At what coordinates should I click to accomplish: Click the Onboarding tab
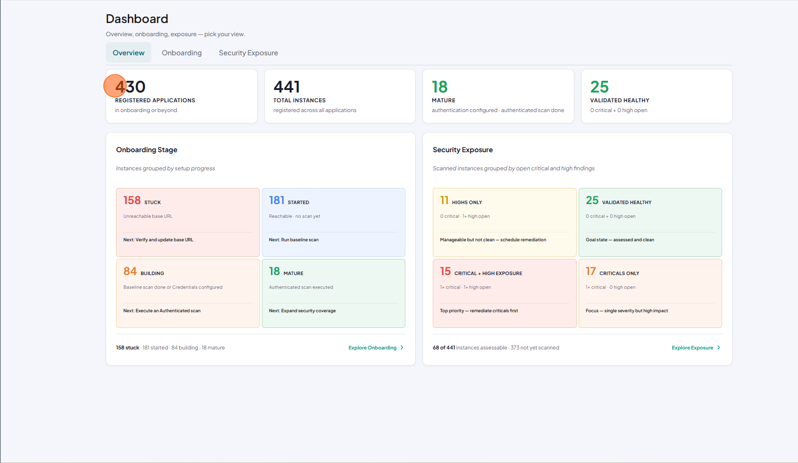(181, 53)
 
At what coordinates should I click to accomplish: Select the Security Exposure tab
(248, 53)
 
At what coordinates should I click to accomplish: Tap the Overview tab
(128, 53)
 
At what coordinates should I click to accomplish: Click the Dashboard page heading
(137, 19)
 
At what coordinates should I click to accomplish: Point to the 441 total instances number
(286, 87)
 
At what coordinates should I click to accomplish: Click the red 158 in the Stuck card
(132, 200)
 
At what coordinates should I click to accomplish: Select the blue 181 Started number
(277, 200)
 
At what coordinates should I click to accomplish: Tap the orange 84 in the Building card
(130, 272)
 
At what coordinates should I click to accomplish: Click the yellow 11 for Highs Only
(444, 200)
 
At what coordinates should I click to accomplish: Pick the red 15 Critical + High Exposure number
(446, 272)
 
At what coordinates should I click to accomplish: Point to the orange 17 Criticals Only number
(590, 272)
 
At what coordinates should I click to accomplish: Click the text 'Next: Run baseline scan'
(294, 240)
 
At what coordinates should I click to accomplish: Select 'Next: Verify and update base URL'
(158, 240)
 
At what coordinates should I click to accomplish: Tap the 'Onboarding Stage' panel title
(146, 150)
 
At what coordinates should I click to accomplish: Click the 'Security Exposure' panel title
(463, 150)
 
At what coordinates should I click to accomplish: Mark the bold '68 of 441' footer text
(444, 347)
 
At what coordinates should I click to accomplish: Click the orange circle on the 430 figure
(115, 86)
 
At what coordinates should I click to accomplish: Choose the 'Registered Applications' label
(155, 100)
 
